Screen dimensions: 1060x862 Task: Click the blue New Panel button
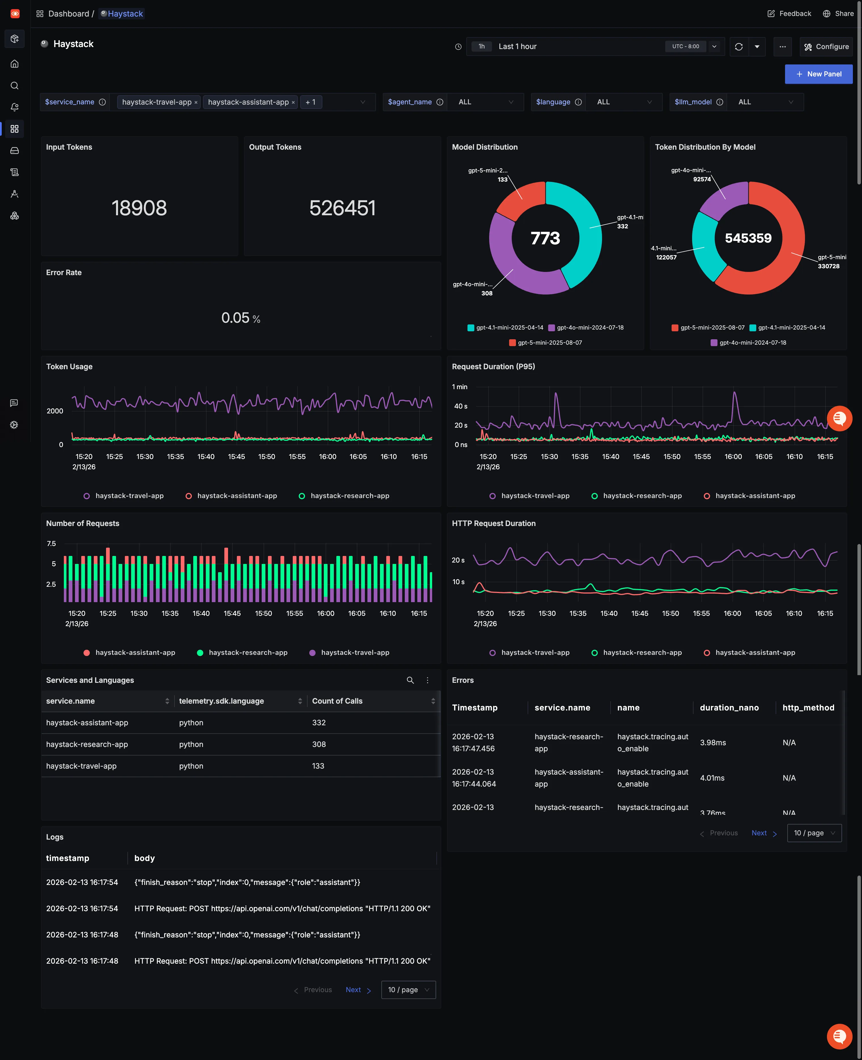[818, 74]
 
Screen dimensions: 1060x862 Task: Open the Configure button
[826, 47]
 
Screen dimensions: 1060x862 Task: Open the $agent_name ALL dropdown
[485, 102]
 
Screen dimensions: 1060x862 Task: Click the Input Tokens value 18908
[139, 208]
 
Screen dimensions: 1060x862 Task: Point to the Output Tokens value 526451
[342, 208]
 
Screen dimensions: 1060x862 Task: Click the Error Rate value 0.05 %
[240, 318]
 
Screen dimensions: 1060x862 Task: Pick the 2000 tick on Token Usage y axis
[55, 411]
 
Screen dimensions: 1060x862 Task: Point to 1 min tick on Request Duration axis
[459, 387]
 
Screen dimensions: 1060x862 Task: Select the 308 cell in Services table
[319, 744]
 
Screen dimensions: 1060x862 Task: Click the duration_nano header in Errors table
[729, 708]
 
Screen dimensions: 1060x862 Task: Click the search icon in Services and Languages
[410, 680]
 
